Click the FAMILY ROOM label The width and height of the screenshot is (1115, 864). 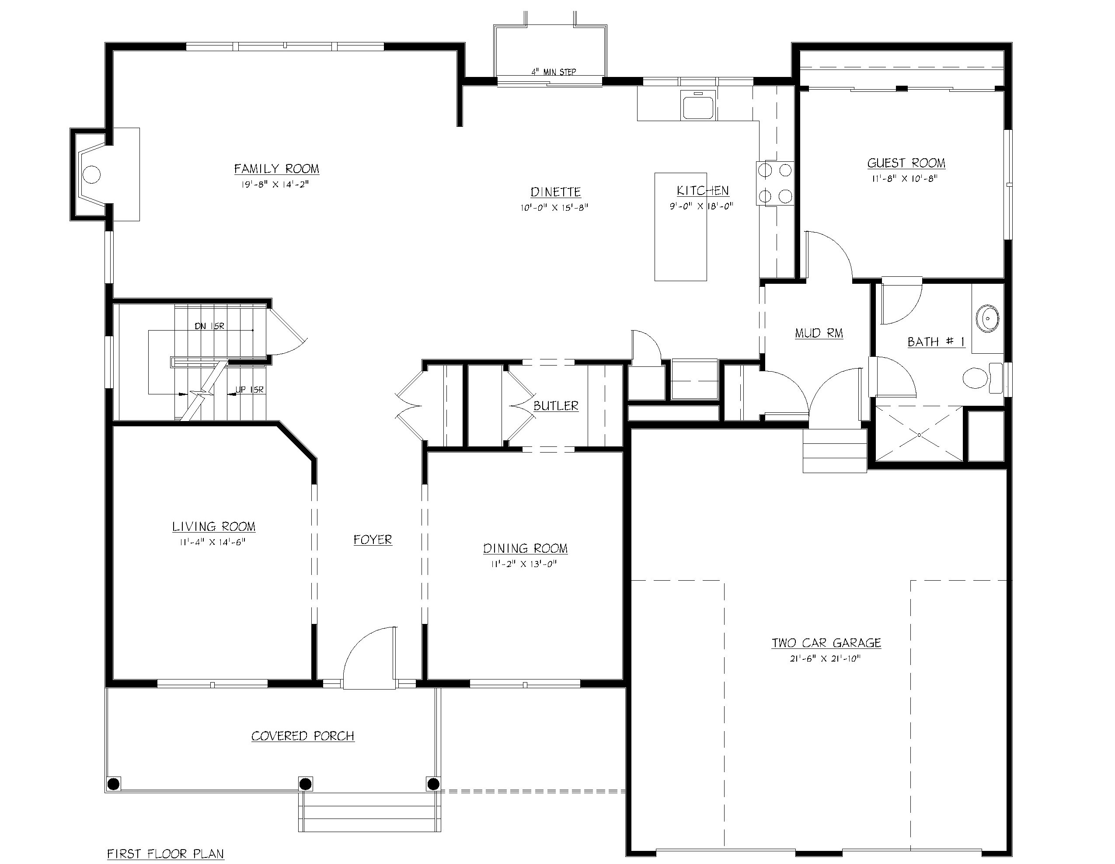pos(276,168)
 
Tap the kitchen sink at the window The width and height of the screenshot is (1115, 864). pos(697,106)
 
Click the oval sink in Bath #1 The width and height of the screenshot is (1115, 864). pos(987,319)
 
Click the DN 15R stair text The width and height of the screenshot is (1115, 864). pos(209,326)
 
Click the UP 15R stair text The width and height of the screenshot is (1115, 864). pos(249,390)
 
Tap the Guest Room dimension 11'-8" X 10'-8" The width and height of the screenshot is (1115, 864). pos(905,179)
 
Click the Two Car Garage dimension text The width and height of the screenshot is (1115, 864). pos(825,658)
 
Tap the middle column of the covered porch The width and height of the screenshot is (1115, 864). pos(305,783)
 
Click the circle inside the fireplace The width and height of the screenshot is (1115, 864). pos(91,174)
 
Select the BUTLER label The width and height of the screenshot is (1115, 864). pos(555,406)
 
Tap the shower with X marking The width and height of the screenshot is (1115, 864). pos(918,435)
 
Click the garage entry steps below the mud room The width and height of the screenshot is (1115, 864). pos(834,451)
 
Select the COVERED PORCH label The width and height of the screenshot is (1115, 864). pos(303,736)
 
